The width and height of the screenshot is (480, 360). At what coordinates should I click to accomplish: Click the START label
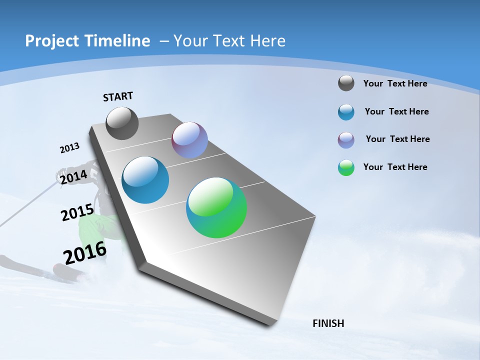click(118, 96)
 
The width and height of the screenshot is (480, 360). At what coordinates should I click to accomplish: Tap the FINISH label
click(328, 323)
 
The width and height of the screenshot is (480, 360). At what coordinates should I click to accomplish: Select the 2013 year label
click(69, 148)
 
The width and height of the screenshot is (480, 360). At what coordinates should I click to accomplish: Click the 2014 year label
click(73, 177)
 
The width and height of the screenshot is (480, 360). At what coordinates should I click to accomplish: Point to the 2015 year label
click(77, 212)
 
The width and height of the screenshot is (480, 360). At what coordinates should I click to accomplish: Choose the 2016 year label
click(85, 252)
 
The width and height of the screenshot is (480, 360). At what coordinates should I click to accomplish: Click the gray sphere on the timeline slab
click(122, 123)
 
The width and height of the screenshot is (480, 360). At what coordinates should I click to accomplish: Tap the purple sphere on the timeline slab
click(189, 140)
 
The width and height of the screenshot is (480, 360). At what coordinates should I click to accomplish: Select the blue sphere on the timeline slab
click(145, 180)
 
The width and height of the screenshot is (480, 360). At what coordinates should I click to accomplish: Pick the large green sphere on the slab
click(216, 207)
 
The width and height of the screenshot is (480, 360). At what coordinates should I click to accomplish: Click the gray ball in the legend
click(346, 83)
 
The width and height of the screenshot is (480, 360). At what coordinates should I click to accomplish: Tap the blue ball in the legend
click(346, 112)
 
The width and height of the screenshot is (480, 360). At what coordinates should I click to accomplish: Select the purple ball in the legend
click(346, 140)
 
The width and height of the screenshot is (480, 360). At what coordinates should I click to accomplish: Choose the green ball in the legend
click(346, 167)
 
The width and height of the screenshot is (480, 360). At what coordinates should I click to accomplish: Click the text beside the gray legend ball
click(395, 83)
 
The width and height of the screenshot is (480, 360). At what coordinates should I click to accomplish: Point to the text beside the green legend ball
click(395, 167)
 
